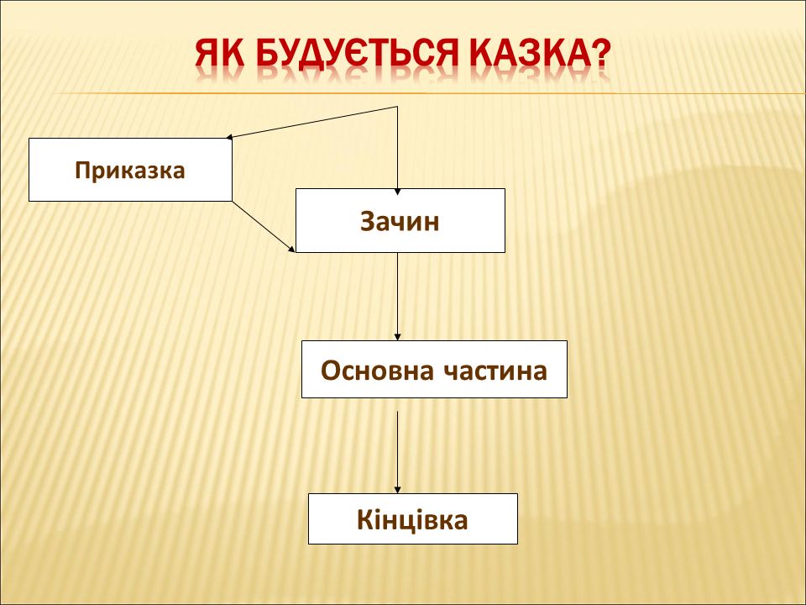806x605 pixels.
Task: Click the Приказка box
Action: [131, 170]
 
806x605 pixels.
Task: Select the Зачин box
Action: [400, 221]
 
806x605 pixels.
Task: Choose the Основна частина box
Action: [434, 370]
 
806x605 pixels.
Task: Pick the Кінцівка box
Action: [413, 518]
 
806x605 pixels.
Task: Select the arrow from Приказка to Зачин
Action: [264, 227]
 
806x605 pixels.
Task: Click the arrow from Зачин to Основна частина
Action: [397, 297]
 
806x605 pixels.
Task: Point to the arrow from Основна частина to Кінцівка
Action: [397, 452]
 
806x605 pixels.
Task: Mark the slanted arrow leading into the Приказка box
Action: [312, 122]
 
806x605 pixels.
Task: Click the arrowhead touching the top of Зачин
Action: [397, 192]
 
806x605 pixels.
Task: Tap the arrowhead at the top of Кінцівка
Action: [397, 490]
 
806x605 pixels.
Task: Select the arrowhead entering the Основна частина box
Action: [397, 336]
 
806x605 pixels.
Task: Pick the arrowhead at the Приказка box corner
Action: [229, 137]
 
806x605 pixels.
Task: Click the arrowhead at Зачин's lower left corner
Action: [292, 249]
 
